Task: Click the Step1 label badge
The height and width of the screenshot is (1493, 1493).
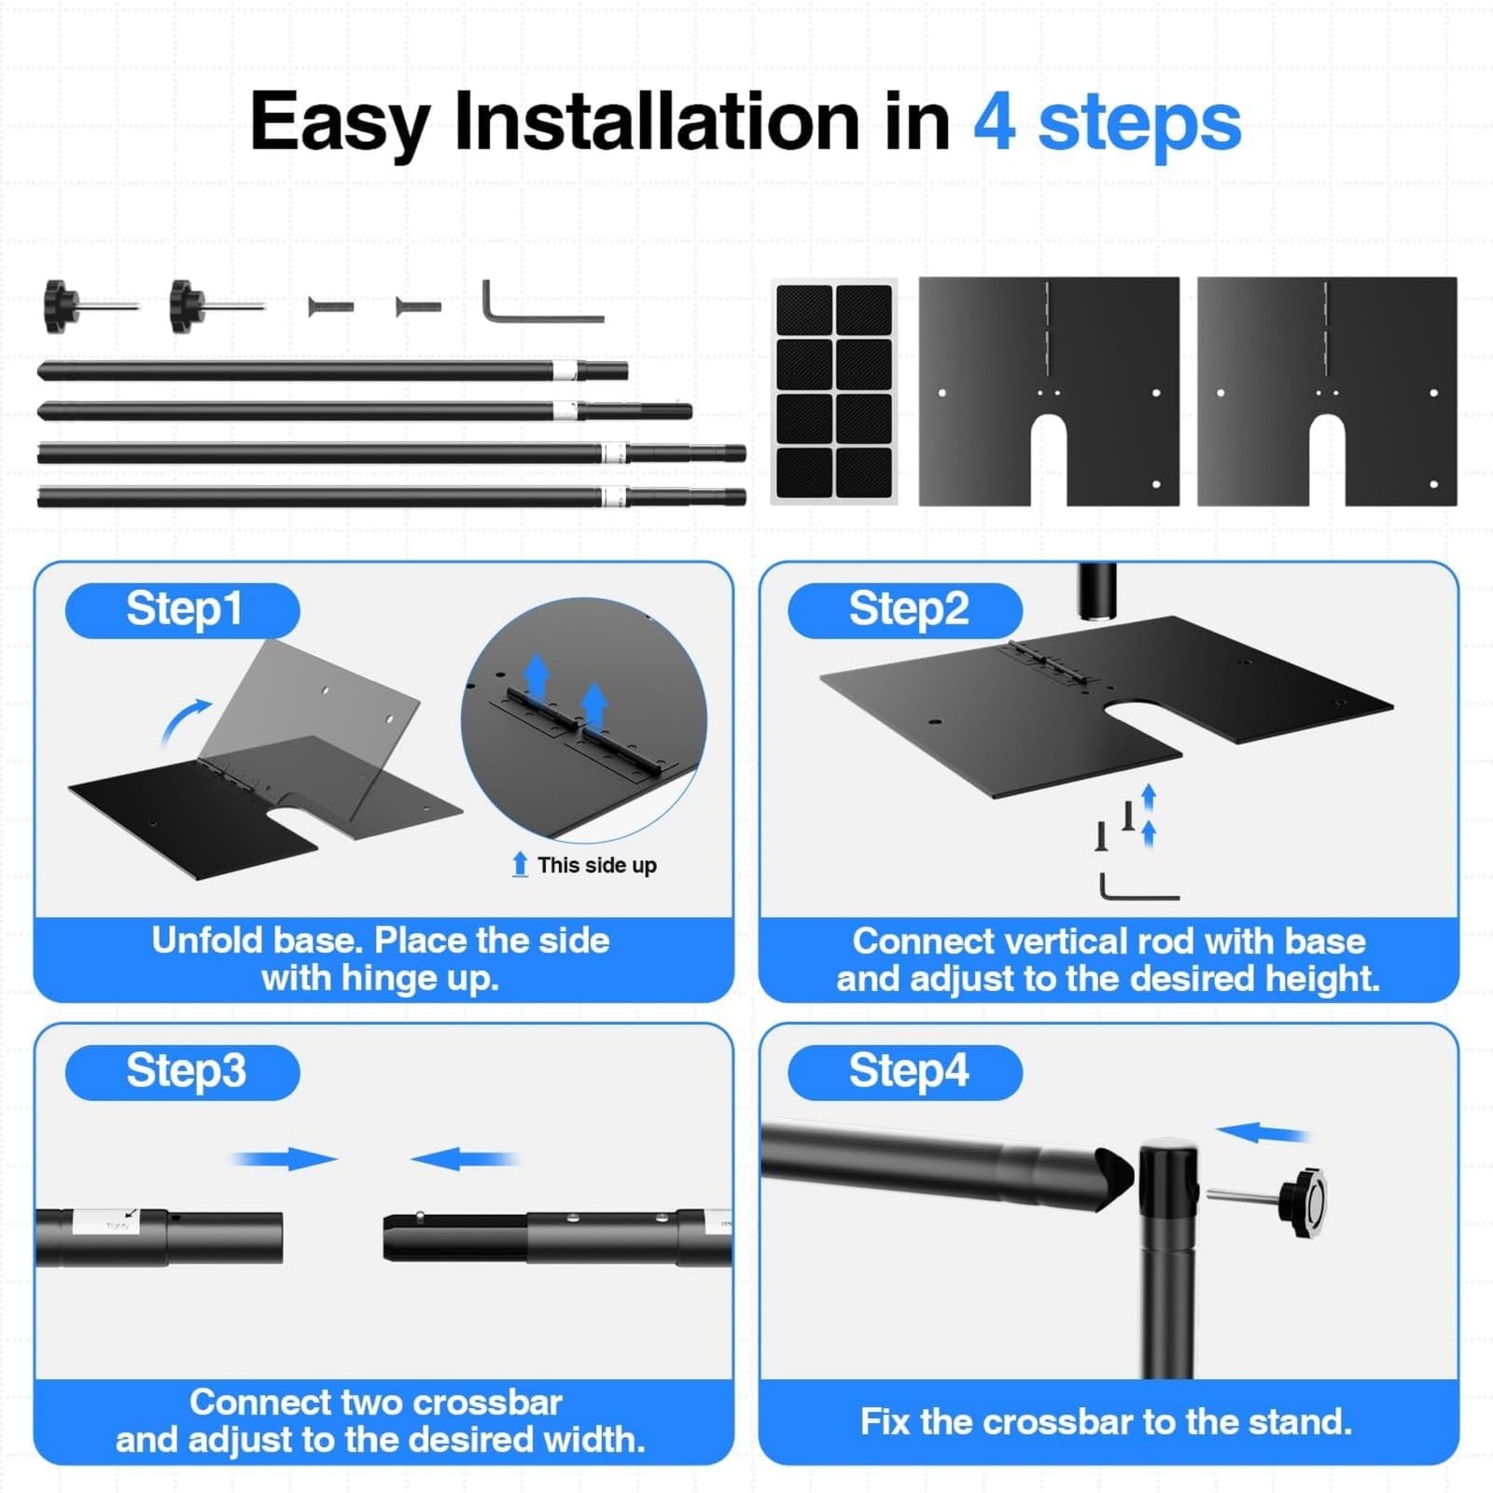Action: pyautogui.click(x=183, y=610)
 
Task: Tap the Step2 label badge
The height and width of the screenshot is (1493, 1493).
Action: pyautogui.click(x=905, y=610)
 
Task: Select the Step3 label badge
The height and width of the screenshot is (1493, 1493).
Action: pyautogui.click(x=183, y=1072)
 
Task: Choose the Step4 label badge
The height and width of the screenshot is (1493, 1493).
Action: pyautogui.click(x=905, y=1072)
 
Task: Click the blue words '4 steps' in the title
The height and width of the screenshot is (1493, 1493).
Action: pyautogui.click(x=1108, y=122)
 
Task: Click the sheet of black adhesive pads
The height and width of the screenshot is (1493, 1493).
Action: pyautogui.click(x=834, y=391)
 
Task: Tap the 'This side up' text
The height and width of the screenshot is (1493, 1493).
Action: pyautogui.click(x=597, y=865)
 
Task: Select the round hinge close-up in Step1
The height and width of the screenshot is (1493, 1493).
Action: pyautogui.click(x=584, y=719)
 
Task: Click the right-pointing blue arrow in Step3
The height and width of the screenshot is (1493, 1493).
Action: pyautogui.click(x=284, y=1159)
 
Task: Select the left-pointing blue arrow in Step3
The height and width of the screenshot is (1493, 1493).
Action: pyautogui.click(x=464, y=1159)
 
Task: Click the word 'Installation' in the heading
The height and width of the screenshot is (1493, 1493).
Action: pyautogui.click(x=656, y=121)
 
